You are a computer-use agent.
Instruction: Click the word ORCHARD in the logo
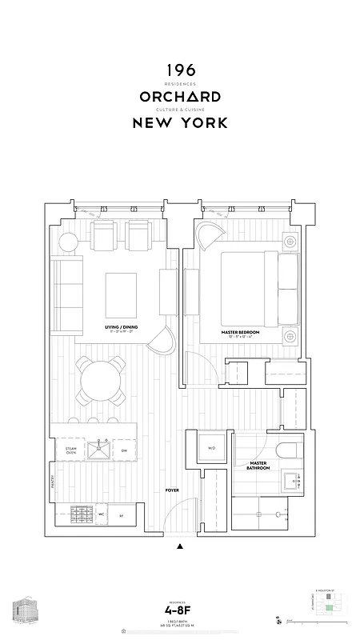(180, 97)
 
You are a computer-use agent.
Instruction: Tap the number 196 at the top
(180, 70)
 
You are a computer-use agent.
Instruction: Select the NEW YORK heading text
(180, 123)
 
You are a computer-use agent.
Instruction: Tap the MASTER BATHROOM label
(258, 466)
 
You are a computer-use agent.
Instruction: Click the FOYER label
(171, 490)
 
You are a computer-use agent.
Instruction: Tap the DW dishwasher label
(124, 452)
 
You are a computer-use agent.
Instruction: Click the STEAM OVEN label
(71, 452)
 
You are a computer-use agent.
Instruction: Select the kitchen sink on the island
(101, 450)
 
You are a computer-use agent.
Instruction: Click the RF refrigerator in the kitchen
(121, 514)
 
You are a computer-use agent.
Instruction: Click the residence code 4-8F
(180, 611)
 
